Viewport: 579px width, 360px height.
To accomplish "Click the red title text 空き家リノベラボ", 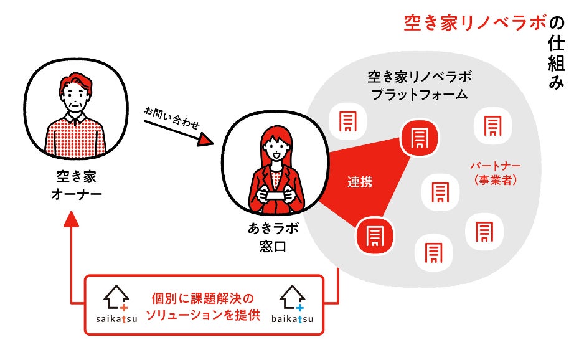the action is [475, 24].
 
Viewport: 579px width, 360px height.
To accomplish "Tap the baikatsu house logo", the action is [292, 305].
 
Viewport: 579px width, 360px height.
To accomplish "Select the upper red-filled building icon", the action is [419, 136].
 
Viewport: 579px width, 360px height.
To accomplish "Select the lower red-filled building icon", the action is [375, 236].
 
